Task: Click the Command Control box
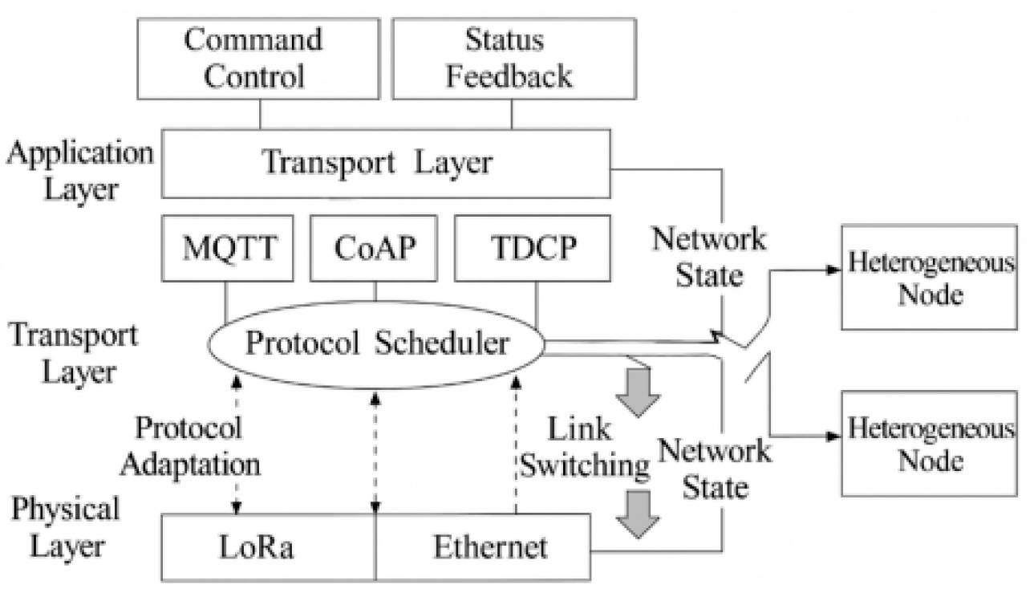258,59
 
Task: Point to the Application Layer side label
78,171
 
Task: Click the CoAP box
374,247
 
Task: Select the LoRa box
270,547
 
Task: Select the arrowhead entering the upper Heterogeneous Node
831,270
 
